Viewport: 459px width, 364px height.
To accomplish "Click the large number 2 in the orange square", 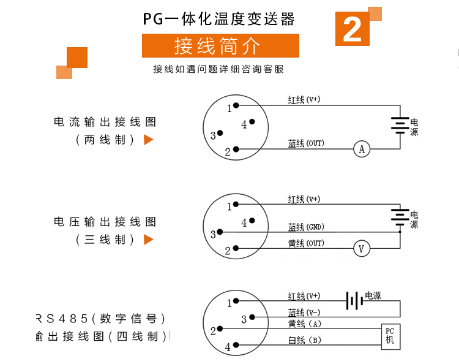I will click(352, 29).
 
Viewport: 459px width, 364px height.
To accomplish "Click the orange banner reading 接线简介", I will click(220, 46).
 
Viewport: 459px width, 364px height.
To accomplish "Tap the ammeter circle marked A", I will click(362, 149).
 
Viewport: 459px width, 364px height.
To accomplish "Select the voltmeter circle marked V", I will click(362, 249).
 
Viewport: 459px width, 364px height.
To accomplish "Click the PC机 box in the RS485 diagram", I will click(390, 336).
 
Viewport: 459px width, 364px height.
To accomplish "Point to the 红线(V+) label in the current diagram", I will click(304, 99).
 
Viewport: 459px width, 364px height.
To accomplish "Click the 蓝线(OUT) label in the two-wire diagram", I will click(306, 143).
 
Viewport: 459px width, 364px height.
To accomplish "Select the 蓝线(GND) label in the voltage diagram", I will click(306, 227).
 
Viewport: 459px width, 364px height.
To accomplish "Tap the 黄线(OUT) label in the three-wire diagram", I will click(306, 243).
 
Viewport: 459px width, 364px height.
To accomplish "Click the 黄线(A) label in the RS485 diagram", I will click(305, 324).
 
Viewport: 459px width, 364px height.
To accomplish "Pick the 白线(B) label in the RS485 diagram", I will click(305, 340).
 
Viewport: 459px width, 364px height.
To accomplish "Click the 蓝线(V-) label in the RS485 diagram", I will click(305, 312).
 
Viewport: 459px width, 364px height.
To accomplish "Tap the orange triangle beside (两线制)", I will click(148, 140).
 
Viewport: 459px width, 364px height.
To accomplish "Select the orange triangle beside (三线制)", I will click(148, 239).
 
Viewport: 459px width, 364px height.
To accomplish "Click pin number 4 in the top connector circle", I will click(244, 124).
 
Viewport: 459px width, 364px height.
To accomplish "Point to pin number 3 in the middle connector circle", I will click(213, 234).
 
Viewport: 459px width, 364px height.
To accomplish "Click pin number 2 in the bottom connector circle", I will click(213, 331).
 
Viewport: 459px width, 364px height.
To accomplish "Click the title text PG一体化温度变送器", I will click(219, 18).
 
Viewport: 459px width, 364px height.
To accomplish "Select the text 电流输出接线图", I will click(105, 122).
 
